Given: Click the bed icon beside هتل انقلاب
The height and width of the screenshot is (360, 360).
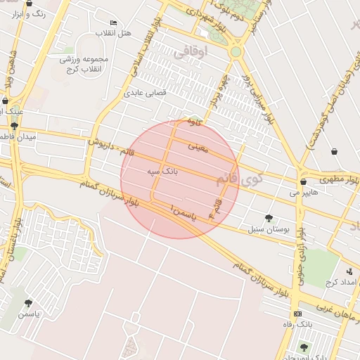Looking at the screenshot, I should [x=114, y=23].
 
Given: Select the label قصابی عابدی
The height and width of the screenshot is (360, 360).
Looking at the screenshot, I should [x=143, y=92].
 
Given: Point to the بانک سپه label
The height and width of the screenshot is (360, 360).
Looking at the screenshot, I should [x=162, y=171].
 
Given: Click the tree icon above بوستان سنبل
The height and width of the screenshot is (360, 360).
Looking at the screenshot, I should [x=269, y=218].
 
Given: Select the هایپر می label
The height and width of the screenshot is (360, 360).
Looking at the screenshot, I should [x=304, y=191].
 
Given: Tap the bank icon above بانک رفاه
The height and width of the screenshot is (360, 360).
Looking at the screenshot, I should [x=297, y=314].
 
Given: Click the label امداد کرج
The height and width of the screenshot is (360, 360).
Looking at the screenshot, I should [x=340, y=282].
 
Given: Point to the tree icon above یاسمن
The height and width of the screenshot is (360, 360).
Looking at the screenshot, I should [x=28, y=304].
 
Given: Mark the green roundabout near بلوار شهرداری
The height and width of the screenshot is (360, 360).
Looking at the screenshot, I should [x=236, y=51].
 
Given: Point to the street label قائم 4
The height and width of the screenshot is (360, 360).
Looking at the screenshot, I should [x=214, y=207].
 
